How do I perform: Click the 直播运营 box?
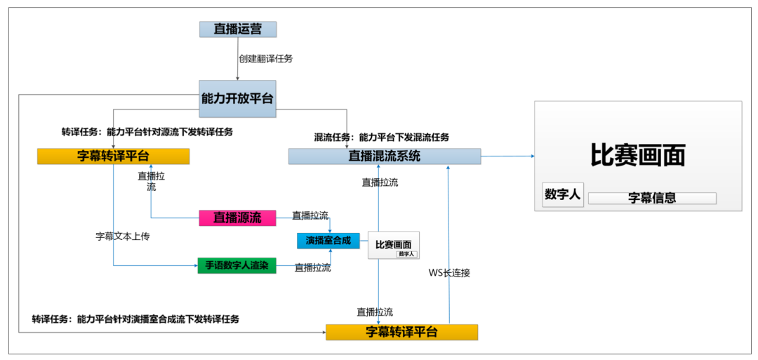tap(237, 29)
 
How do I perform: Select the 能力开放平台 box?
tap(237, 99)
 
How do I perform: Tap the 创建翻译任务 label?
tap(265, 59)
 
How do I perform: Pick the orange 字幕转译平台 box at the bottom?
tap(401, 332)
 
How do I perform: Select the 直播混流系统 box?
tap(385, 156)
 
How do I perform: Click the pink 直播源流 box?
tap(237, 218)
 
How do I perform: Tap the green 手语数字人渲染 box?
tap(237, 266)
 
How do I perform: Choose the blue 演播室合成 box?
tap(328, 241)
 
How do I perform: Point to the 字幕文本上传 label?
tap(123, 236)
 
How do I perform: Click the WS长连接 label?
tap(449, 273)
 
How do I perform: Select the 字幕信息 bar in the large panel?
tap(651, 198)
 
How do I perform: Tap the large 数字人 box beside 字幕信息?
tap(562, 195)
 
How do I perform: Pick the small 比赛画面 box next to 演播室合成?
tap(393, 244)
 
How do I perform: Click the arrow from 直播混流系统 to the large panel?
tap(507, 156)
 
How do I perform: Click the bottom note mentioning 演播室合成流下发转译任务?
tap(135, 319)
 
